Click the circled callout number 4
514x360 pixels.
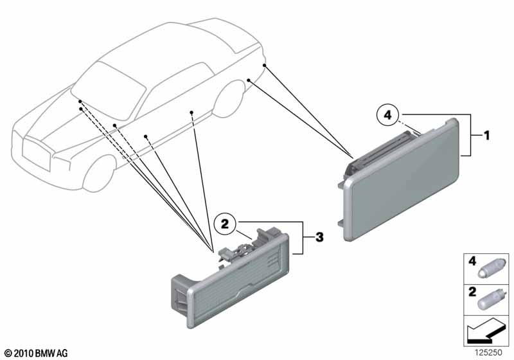tap(387, 115)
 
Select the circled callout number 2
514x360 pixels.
tap(224, 224)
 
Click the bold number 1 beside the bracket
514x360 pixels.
tap(486, 135)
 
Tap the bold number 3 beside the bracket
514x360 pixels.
tap(319, 237)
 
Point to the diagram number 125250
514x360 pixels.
tap(488, 352)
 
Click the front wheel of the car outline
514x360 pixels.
tap(99, 174)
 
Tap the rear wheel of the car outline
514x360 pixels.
tap(229, 98)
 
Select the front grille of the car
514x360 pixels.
tap(37, 155)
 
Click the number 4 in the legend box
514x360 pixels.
tap(472, 261)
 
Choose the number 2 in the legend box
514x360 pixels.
tap(472, 291)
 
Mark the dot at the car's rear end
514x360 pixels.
tap(264, 66)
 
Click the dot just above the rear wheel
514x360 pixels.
tap(249, 80)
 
